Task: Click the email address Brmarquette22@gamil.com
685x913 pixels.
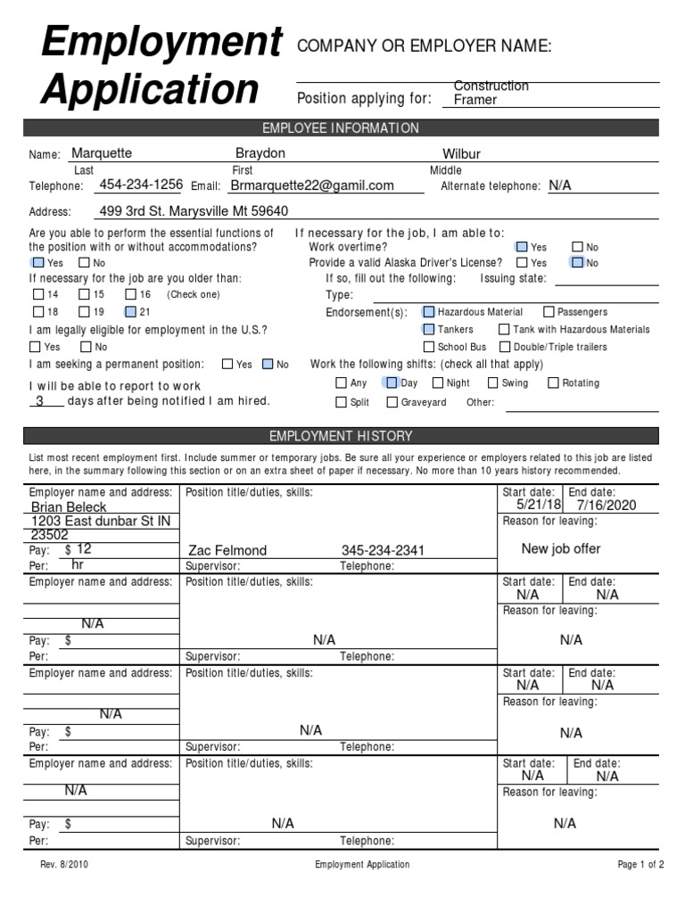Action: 311,185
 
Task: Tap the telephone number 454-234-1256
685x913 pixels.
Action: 141,185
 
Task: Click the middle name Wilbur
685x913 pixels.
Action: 461,154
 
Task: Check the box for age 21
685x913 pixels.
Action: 131,312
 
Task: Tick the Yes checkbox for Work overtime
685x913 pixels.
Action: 521,247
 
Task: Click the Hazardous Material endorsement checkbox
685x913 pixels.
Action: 429,312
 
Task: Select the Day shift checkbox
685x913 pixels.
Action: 391,383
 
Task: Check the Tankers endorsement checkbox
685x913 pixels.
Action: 429,330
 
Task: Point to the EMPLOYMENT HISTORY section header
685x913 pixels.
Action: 342,436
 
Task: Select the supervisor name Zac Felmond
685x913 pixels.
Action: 227,550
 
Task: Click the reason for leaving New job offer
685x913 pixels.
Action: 561,548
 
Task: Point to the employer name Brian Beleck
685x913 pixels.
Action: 68,506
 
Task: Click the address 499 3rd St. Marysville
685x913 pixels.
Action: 194,211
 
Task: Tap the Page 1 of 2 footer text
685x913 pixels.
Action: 640,864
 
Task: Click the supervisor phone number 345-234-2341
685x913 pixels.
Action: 384,550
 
